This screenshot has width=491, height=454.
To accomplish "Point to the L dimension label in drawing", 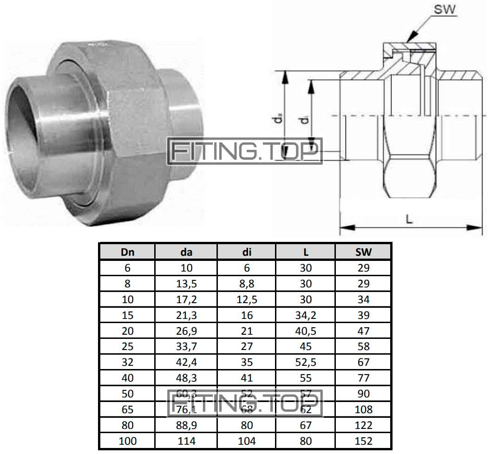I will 409,218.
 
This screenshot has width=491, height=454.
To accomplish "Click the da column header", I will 186,252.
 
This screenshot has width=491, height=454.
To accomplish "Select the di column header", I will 246,252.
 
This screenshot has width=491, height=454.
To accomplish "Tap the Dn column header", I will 127,252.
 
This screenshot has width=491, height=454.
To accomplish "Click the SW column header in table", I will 364,252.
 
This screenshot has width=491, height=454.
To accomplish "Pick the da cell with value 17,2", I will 186,299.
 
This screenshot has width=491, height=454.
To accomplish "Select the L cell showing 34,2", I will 306,315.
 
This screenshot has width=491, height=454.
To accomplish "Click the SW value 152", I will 364,441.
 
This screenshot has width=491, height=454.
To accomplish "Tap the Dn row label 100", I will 127,441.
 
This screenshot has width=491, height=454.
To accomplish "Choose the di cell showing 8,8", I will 246,284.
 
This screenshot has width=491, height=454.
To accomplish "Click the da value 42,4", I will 186,362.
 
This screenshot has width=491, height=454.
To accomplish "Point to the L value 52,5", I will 306,362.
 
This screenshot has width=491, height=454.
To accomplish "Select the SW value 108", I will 364,409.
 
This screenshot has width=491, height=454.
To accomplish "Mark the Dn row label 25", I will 127,346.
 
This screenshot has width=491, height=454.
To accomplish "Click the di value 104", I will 246,441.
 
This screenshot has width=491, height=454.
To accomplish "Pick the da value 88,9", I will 186,425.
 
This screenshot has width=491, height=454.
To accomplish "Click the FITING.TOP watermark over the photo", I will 245,150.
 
